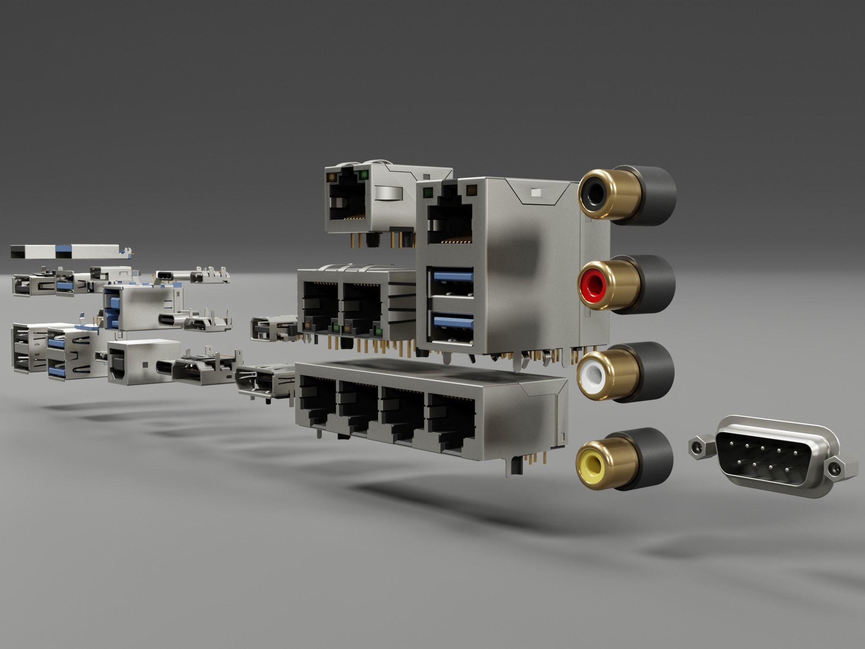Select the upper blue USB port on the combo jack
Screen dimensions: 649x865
point(451,280)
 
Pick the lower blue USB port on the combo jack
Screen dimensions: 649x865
point(451,324)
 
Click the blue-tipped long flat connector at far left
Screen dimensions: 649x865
point(65,251)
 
